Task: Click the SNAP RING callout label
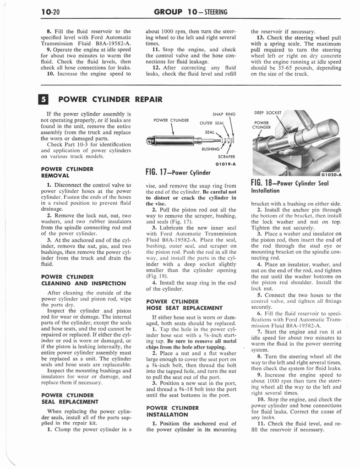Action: [x=224, y=114]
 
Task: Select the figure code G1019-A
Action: [x=224, y=164]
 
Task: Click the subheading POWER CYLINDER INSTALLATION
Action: [x=172, y=411]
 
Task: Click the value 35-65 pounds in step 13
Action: [x=284, y=68]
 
